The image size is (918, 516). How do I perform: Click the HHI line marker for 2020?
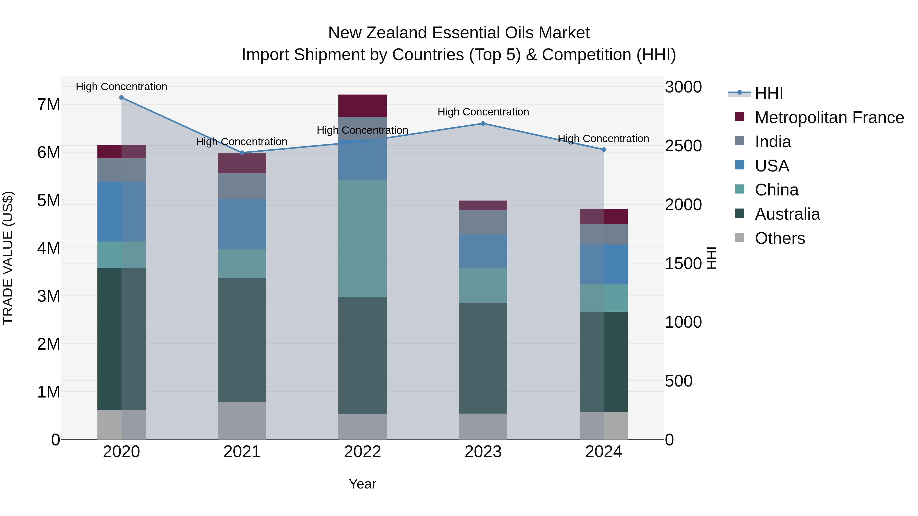122,98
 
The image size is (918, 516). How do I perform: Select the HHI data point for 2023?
483,124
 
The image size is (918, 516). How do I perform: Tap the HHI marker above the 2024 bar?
604,150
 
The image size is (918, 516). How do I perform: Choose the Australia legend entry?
787,214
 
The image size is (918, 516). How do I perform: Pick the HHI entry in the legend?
769,93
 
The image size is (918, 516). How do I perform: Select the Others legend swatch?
740,237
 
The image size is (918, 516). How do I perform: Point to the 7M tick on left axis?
48,105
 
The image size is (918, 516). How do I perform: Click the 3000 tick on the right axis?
683,87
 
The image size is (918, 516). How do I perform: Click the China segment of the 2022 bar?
362,239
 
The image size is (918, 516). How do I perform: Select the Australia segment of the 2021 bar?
242,340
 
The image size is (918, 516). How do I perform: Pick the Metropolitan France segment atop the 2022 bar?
362,106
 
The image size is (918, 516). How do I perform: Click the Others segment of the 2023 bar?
483,426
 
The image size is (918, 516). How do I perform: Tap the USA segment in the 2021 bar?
242,224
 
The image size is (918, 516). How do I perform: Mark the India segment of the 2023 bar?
483,222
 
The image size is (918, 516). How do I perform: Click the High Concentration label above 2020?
122,87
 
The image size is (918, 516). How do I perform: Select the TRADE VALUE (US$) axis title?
8,258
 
